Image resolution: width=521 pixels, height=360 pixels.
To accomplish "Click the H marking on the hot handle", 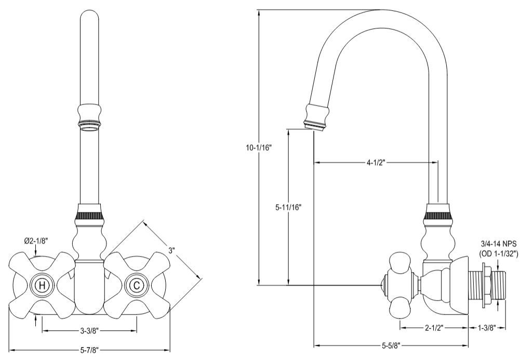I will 42,285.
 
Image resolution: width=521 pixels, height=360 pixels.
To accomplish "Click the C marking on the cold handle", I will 136,285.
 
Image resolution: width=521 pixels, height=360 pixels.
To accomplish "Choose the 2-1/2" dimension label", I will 434,328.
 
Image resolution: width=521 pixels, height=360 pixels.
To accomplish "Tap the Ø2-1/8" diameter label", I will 36,241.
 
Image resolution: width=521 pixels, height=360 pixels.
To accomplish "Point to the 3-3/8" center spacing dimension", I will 89,330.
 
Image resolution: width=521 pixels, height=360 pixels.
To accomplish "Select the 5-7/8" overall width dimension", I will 89,350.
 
